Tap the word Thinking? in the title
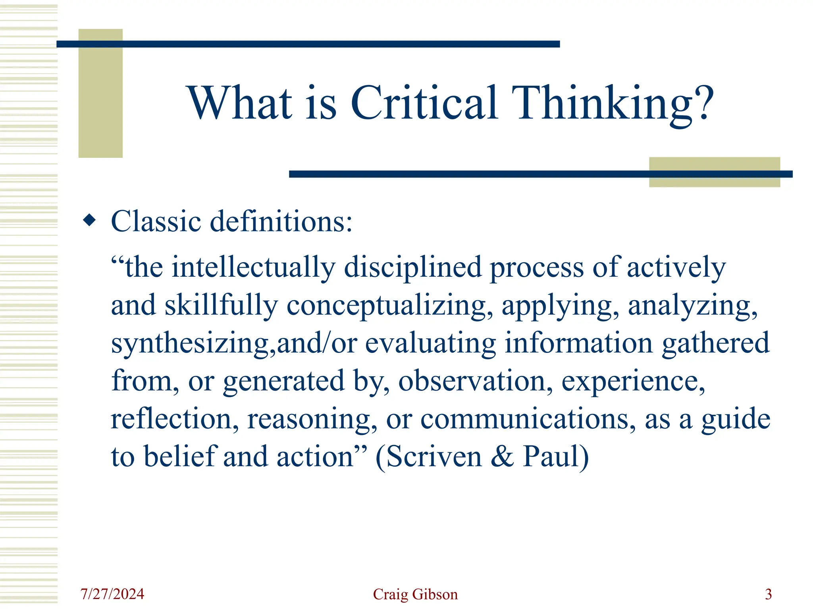612,104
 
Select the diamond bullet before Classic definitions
90,220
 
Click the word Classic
156,221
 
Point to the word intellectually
253,267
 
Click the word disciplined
413,267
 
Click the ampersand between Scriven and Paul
502,457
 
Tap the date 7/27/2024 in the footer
112,594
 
